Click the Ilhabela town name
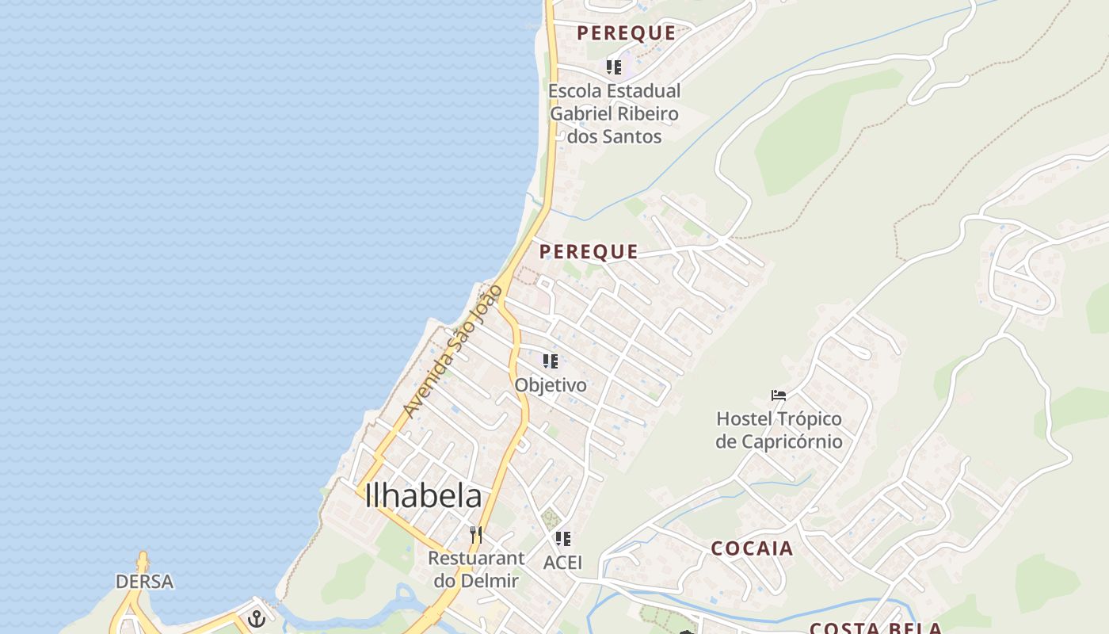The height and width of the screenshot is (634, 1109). (x=423, y=496)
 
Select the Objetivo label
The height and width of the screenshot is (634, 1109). (x=551, y=385)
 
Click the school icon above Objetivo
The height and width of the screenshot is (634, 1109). (x=551, y=361)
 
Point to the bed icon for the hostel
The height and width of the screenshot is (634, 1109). (x=779, y=395)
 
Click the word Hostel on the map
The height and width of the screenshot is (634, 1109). (x=744, y=418)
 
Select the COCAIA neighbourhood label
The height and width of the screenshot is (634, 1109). (x=752, y=548)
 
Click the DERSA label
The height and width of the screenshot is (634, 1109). (x=144, y=582)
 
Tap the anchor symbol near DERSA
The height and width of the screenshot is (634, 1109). (x=256, y=618)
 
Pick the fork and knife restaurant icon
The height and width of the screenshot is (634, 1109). (x=475, y=535)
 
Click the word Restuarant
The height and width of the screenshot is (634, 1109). (x=476, y=558)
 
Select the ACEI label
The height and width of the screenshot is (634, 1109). (x=562, y=563)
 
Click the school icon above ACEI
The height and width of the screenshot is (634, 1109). (x=563, y=539)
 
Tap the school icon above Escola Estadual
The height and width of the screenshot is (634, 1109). (x=614, y=67)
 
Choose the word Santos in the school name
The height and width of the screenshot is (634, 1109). (x=631, y=136)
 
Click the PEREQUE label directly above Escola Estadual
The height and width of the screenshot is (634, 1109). (x=626, y=33)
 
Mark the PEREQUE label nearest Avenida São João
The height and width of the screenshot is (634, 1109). (x=589, y=252)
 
